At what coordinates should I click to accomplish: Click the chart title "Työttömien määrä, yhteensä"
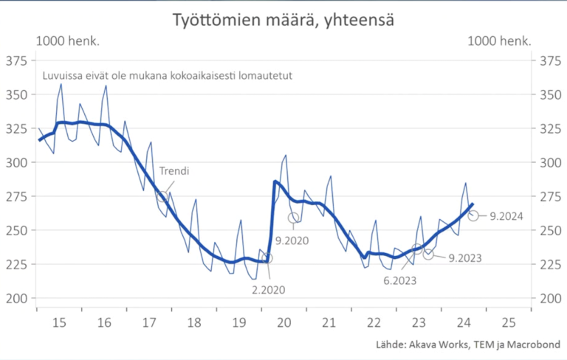[283, 21]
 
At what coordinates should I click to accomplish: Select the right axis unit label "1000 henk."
[500, 41]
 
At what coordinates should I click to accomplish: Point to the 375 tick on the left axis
[16, 60]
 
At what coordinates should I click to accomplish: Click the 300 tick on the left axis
[16, 162]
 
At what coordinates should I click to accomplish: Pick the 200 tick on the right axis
[551, 298]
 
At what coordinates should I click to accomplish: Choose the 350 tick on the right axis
[551, 94]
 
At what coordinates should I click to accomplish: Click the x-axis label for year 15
[58, 322]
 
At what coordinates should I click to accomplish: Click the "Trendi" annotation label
[174, 171]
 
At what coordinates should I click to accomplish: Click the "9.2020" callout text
[292, 240]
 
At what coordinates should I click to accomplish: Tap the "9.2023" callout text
[465, 257]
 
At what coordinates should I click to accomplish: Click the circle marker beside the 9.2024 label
[473, 215]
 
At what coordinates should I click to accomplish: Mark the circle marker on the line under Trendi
[162, 196]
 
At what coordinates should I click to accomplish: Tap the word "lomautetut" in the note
[269, 75]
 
